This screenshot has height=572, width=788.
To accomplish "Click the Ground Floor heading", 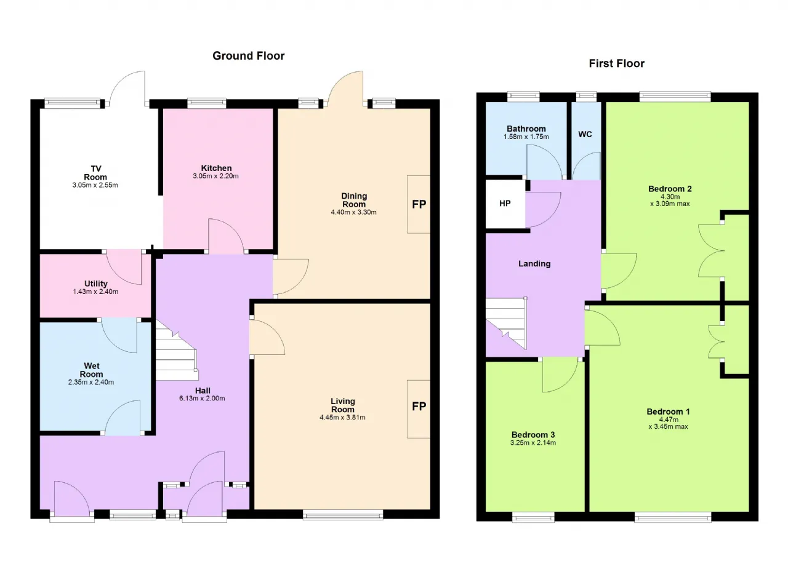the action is pos(248,56).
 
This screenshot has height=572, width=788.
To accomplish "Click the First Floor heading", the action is pos(617,63).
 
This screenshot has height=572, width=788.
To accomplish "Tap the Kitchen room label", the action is pos(216,168).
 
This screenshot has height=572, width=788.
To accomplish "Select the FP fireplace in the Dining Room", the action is pos(419,204).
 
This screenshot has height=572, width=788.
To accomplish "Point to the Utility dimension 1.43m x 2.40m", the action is pos(95,292).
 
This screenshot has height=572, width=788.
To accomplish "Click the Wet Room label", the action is pos(92,370).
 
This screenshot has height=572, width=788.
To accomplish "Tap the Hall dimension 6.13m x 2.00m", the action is pos(203,399).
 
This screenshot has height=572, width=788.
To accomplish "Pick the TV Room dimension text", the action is pos(95,185).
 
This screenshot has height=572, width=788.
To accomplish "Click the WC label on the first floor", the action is pos(585,134).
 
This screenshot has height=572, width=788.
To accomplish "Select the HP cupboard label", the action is pos(505,204).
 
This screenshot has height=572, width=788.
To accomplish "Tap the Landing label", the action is pos(534,264).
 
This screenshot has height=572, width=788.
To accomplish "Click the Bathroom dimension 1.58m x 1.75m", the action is pos(526,137).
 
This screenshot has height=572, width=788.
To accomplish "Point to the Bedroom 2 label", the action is pos(670,189).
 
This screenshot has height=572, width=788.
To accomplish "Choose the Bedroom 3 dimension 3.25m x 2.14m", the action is pos(533,443).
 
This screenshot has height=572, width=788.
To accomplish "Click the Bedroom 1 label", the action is pos(669,411).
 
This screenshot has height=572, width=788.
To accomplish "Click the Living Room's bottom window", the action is pos(343,515).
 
